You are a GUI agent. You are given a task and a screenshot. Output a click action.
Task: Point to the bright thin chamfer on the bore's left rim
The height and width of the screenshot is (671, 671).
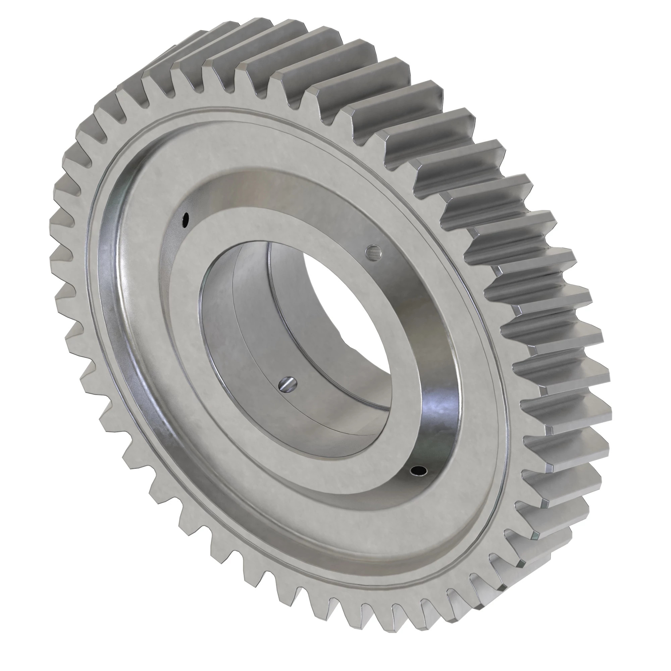(x=200, y=313)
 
